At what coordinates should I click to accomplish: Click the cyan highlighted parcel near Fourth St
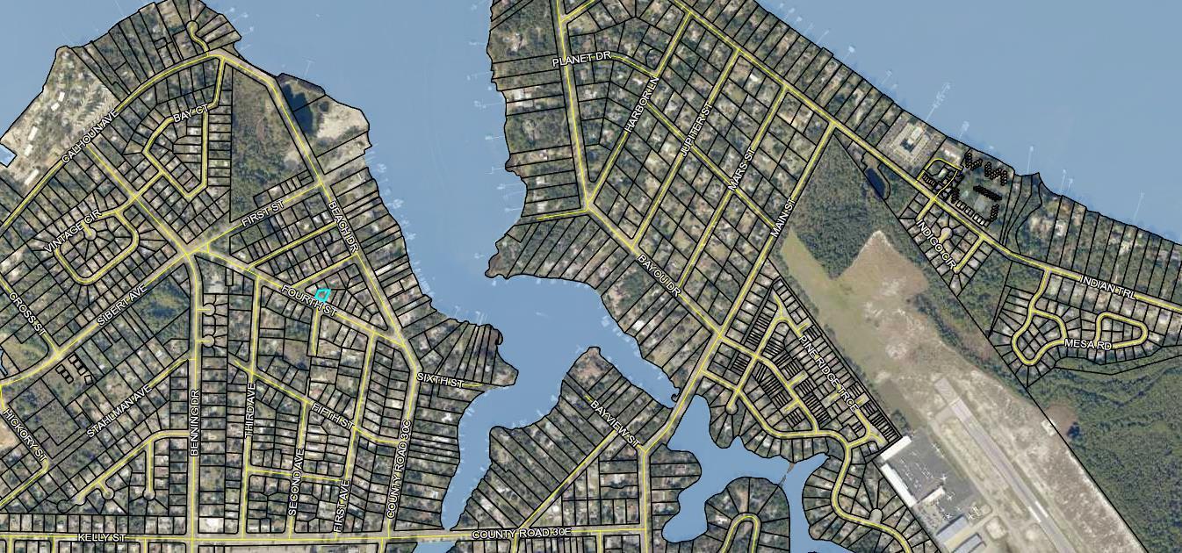coord(322,295)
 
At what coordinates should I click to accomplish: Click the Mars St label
coord(742,170)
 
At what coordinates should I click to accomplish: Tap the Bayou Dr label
coord(659,275)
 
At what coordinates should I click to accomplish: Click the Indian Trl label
coord(1109,291)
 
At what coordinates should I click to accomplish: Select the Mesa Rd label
coord(1088,345)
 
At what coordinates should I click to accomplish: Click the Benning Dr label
coord(195,421)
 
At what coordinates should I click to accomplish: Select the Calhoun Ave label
coord(90,140)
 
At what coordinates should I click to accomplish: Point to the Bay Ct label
coord(189,116)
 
